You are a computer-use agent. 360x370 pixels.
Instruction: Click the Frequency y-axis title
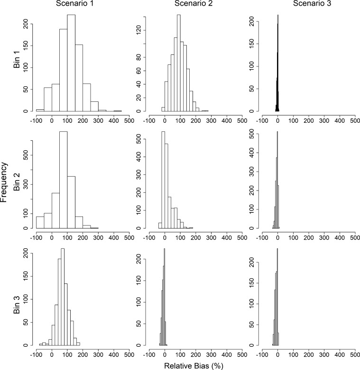click(5, 182)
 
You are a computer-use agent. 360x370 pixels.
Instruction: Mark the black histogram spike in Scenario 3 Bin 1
click(277, 66)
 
